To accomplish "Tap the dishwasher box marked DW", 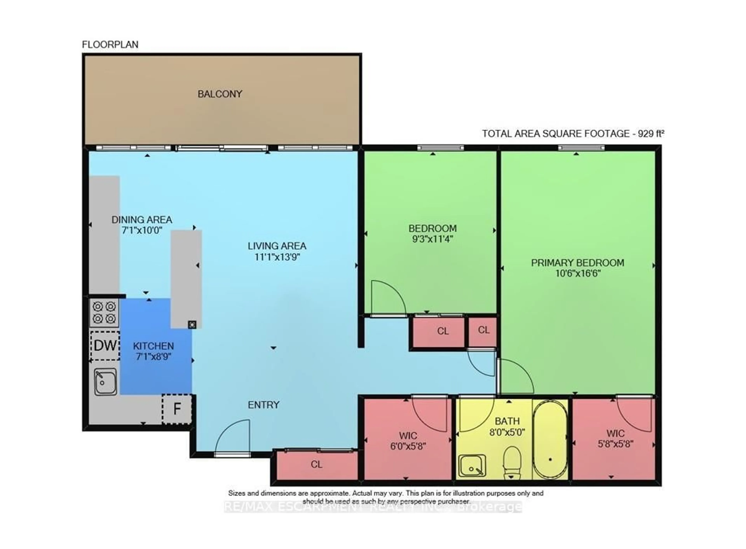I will coord(105,346).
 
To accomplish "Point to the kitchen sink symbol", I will coord(105,382).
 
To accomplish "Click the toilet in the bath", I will coord(511,462).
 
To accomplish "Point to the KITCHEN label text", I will coord(153,346).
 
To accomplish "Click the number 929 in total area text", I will coord(645,134).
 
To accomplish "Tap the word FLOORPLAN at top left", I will coord(110,44).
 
